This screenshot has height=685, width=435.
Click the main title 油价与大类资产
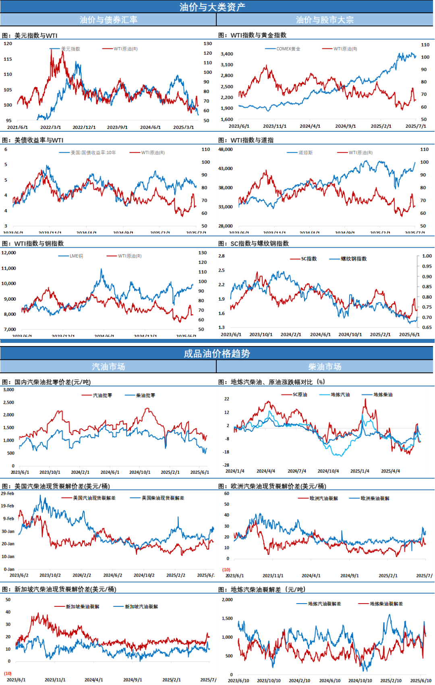click(x=212, y=7)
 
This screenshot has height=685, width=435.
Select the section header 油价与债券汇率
click(x=108, y=20)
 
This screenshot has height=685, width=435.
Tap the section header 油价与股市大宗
click(x=325, y=20)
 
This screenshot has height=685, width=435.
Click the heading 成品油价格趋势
click(x=217, y=353)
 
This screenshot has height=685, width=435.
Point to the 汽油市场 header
click(x=108, y=367)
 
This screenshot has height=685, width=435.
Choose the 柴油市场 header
click(x=325, y=367)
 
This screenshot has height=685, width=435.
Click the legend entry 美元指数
click(x=70, y=49)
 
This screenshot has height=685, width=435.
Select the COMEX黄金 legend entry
click(x=288, y=49)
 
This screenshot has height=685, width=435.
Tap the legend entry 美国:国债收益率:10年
click(x=93, y=152)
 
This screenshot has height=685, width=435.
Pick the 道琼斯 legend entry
click(x=305, y=152)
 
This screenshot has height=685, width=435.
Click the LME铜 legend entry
click(x=76, y=256)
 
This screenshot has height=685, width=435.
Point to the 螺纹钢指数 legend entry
click(x=354, y=259)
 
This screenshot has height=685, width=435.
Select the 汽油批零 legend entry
click(x=102, y=395)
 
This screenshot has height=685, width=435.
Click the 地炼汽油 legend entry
click(x=340, y=394)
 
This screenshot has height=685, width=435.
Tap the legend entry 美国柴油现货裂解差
click(x=163, y=498)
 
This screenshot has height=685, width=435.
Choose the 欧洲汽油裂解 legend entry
click(x=323, y=498)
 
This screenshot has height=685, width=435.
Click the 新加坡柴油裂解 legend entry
click(x=82, y=606)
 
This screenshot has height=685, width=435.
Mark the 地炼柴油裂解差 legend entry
click(x=386, y=604)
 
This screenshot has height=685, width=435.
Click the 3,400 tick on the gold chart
click(x=227, y=54)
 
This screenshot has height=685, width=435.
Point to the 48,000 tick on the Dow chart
click(x=225, y=149)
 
